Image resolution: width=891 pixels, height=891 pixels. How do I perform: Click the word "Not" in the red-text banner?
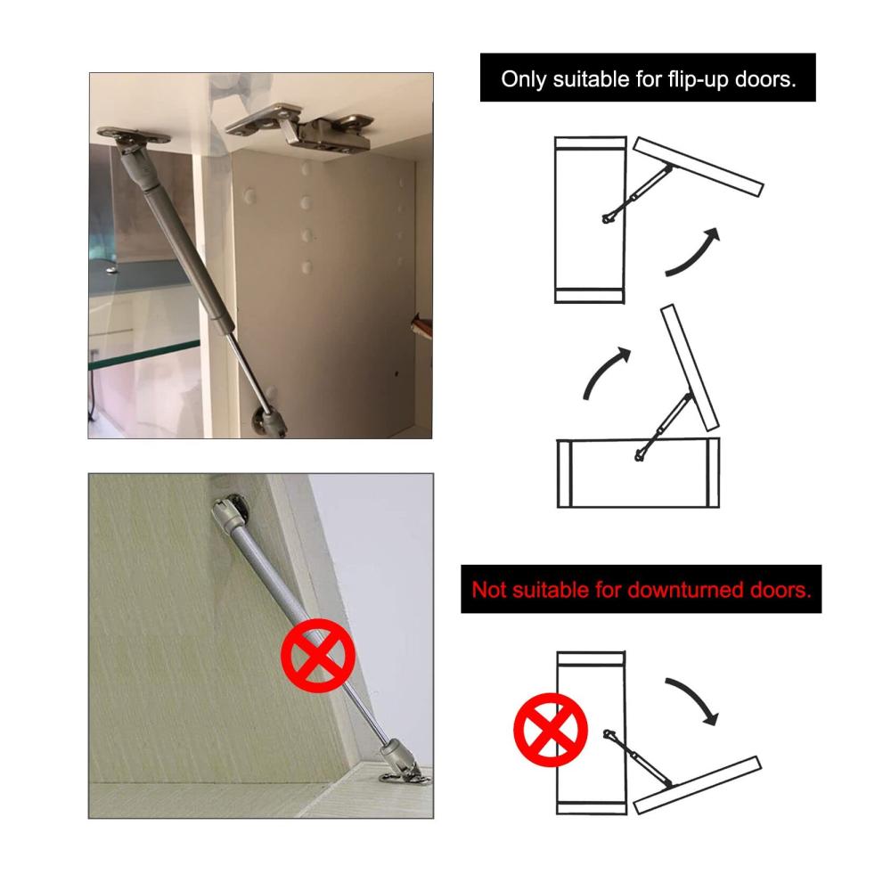click(489, 590)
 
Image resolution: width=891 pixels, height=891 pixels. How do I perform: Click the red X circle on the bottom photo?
click(318, 656)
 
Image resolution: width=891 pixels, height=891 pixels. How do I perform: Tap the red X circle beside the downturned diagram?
click(550, 730)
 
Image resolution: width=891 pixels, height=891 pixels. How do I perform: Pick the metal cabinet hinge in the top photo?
click(300, 127)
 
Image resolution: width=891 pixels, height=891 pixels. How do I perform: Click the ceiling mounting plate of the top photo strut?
click(135, 135)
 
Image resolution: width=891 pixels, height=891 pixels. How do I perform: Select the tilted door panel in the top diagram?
click(699, 167)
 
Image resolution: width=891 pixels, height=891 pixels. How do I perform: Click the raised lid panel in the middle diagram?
click(690, 368)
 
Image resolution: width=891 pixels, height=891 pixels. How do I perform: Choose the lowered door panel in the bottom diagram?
click(698, 785)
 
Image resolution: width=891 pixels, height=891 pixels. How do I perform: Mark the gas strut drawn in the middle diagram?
click(664, 427)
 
